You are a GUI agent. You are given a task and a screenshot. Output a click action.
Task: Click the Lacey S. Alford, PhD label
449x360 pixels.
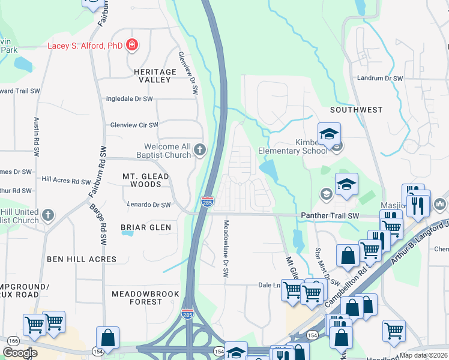pos(85,46)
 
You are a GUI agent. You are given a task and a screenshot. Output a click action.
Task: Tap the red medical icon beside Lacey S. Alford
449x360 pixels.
pos(131,46)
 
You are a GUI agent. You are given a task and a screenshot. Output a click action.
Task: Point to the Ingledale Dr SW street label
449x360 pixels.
pos(129,98)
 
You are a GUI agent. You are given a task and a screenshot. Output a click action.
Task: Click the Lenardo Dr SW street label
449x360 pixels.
pos(149,205)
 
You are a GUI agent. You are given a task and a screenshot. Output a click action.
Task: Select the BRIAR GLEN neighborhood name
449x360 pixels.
pos(146,227)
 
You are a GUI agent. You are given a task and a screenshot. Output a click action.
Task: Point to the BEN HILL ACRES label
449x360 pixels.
pos(82,259)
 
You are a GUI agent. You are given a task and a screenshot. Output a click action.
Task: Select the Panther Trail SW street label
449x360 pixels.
pos(330,215)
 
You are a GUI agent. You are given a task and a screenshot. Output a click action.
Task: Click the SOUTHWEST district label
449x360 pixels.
pos(356,110)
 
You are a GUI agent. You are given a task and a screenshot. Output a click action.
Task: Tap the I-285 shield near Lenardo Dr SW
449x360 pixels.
pos(206,202)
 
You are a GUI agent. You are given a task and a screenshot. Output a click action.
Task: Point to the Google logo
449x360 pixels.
pos(20,353)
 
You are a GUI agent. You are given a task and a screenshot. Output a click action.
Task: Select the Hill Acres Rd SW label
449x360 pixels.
pos(66,180)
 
